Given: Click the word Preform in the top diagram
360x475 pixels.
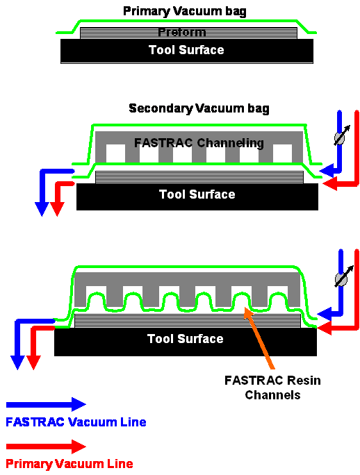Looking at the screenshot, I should [181, 33].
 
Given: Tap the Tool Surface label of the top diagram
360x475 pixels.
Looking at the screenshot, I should [186, 50].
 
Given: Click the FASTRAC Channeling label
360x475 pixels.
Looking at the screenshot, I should [199, 143].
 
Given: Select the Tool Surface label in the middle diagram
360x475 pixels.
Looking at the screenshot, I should [197, 194].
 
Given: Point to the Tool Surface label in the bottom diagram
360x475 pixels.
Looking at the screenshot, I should [185, 339].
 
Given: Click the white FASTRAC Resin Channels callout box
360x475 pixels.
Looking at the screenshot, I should [272, 387].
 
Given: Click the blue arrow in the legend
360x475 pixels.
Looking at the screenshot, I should [46, 404].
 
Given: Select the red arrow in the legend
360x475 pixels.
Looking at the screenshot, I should [46, 446].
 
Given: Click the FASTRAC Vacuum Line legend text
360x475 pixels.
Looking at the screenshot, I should [76, 422].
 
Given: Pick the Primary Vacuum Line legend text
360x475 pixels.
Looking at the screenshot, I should [69, 463].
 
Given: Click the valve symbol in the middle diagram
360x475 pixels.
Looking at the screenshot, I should [340, 137].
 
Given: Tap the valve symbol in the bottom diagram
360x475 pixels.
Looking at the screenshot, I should [341, 278].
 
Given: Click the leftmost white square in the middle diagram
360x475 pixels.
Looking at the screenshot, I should [115, 153].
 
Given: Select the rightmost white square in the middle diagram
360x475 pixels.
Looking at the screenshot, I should [282, 153].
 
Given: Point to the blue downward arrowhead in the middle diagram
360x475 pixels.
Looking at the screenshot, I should [41, 208].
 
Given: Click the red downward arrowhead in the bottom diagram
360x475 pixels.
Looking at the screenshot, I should [33, 362].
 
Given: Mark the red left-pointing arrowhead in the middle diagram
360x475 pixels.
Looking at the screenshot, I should [331, 183].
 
